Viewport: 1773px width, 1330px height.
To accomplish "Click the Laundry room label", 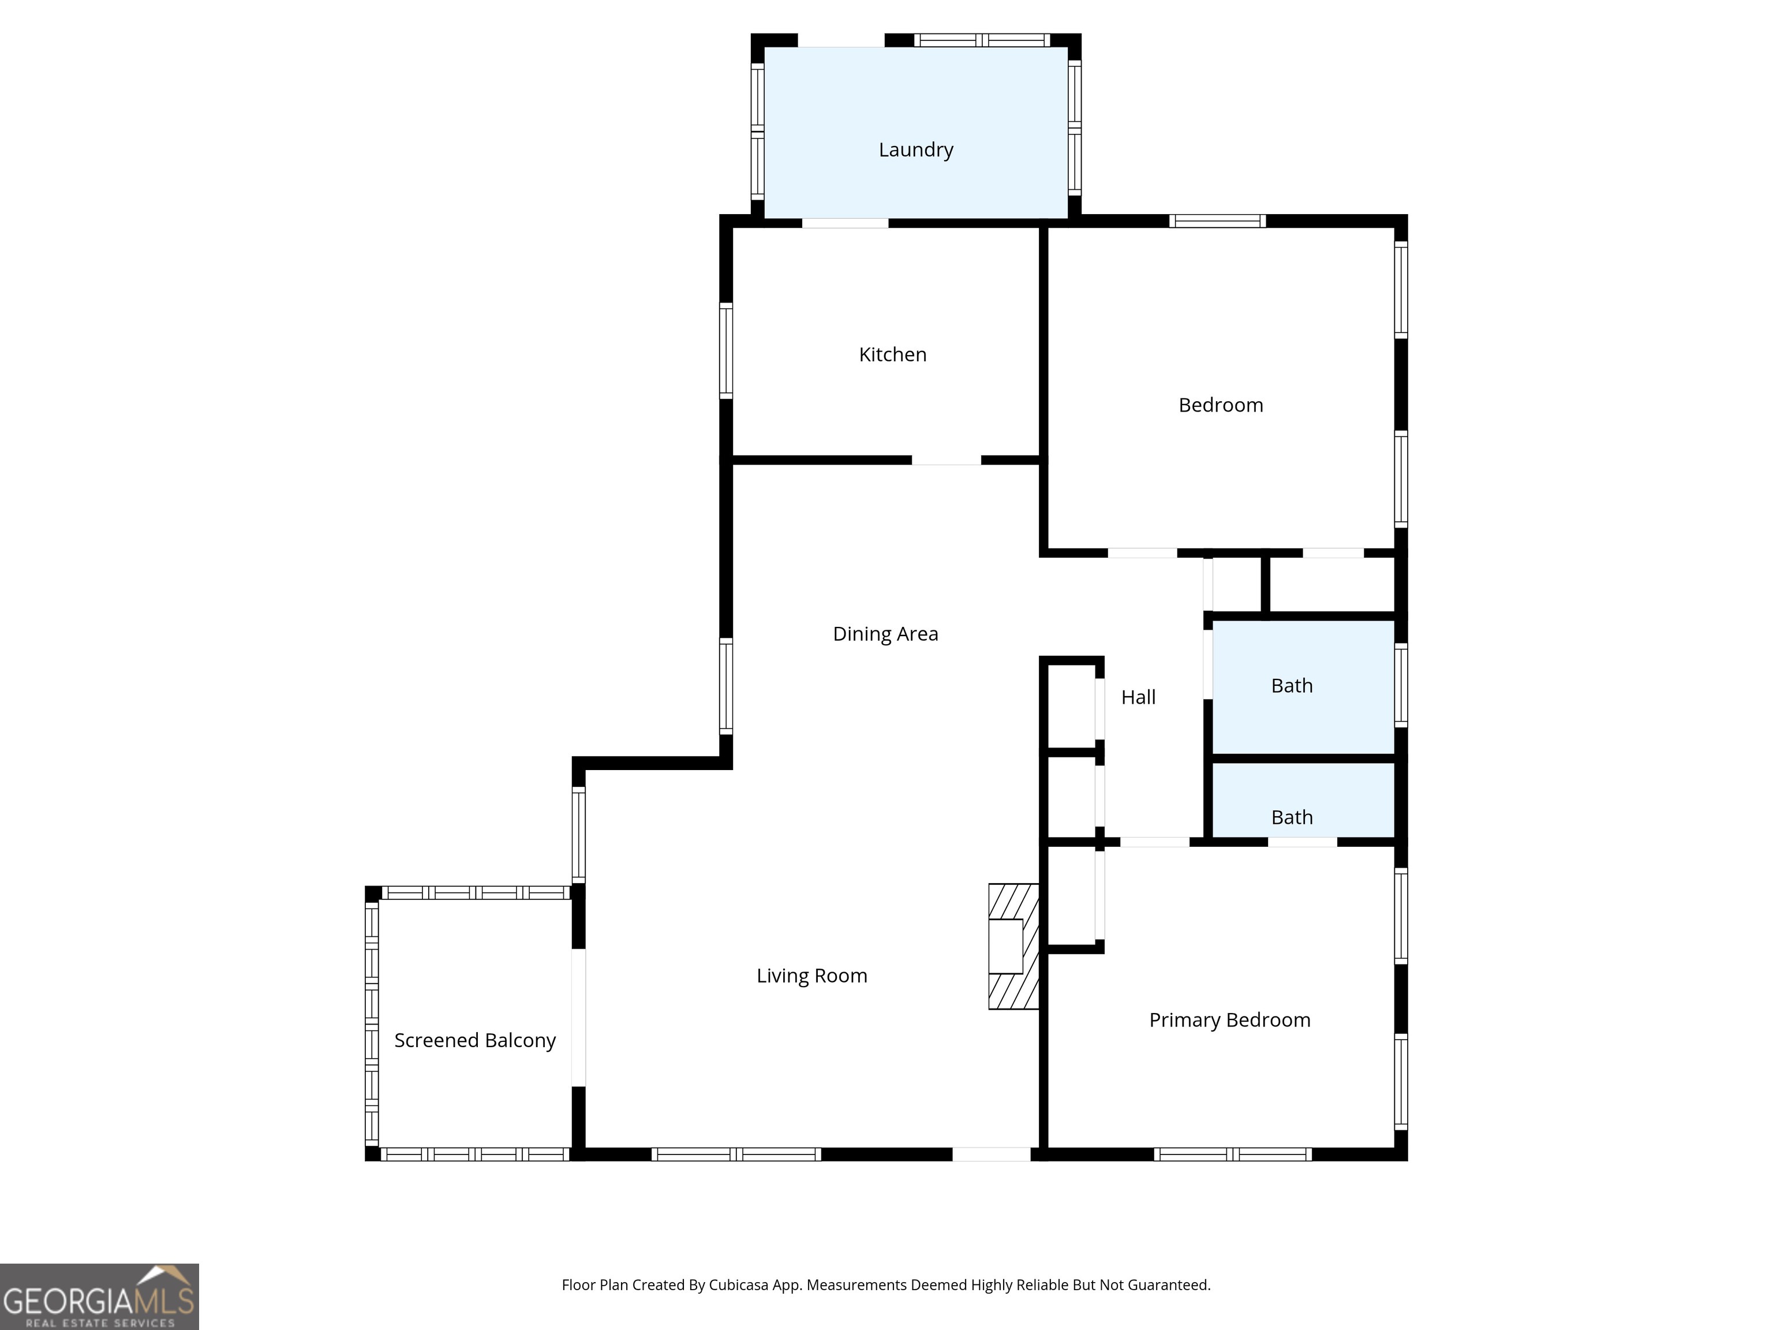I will [x=915, y=150].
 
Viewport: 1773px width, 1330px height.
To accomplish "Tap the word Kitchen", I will [x=892, y=354].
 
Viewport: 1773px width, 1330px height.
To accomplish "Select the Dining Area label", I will [x=885, y=634].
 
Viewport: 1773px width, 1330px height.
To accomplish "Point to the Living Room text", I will [x=811, y=976].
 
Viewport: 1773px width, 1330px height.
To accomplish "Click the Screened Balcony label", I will [x=474, y=1041].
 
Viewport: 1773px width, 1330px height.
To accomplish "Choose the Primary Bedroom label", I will [x=1229, y=1020].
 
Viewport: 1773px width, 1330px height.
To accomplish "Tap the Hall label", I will [x=1138, y=697].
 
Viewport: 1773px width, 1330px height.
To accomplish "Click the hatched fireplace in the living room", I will [x=1012, y=946].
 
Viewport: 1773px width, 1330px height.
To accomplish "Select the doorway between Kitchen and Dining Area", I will [x=946, y=460].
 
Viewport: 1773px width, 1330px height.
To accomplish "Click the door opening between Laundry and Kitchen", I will [x=845, y=223].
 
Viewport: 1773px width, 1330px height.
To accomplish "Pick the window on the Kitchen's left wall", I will [x=725, y=350].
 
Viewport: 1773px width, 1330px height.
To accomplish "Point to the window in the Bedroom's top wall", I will [x=1217, y=221].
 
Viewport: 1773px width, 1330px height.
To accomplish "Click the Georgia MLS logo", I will [x=99, y=1297].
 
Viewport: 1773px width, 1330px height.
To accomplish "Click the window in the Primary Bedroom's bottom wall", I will [x=1232, y=1155].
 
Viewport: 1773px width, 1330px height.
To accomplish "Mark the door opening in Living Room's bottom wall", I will [x=991, y=1155].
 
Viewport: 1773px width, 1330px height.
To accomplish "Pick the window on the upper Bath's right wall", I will [x=1400, y=685].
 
